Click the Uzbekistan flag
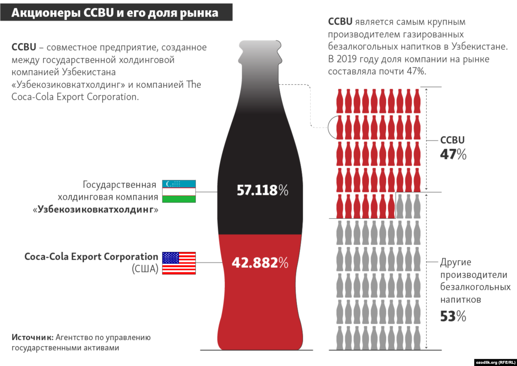pos(179,191)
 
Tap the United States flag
pos(179,263)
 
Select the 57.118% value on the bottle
pos(262,190)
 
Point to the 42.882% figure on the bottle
pos(260,263)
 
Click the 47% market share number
pos(453,154)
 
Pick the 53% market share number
pos(453,316)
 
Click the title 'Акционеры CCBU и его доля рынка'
pos(115,13)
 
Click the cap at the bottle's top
pos(261,45)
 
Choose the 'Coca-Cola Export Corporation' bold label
pos(91,257)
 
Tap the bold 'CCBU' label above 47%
pos(452,140)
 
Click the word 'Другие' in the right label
pos(455,262)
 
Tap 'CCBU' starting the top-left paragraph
pos(24,47)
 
